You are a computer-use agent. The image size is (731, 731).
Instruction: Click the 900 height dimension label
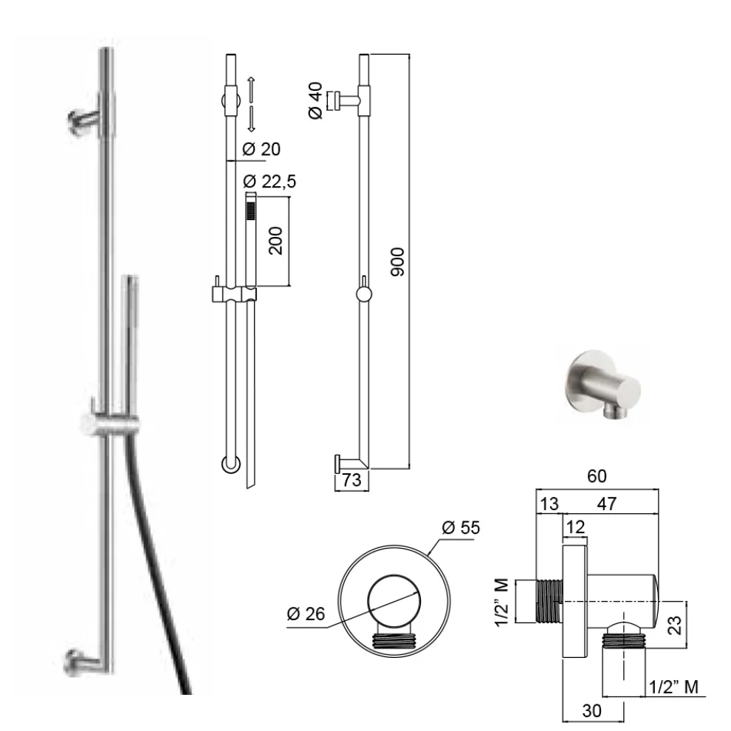coord(397,262)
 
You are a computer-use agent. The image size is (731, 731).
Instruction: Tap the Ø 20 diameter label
coord(261,149)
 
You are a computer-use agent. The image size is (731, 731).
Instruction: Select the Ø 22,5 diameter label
coord(270,181)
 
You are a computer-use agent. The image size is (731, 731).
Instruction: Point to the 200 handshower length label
coord(275,241)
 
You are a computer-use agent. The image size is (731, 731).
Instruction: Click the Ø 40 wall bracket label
coord(315,100)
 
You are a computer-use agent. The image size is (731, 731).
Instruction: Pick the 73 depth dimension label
coord(351,480)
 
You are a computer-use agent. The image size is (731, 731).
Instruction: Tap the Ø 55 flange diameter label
coord(461,527)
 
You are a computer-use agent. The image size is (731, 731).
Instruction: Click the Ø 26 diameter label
coord(306,614)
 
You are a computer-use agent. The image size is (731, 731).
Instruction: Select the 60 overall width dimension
coord(597,476)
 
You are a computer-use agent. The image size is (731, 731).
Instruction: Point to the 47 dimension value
coord(606,504)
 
